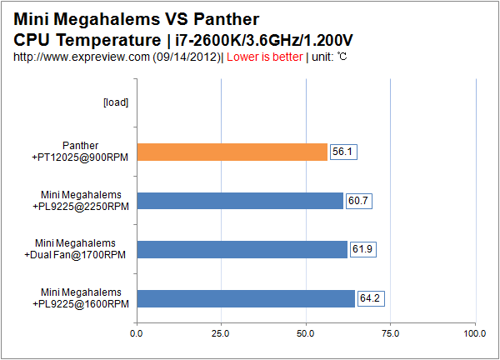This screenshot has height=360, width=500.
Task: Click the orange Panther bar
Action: (x=232, y=152)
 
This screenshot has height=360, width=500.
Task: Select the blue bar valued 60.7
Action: (x=239, y=201)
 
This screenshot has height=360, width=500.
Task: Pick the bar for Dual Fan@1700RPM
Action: (x=242, y=249)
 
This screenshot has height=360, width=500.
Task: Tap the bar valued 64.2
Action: (x=246, y=298)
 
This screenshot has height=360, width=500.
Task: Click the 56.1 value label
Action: (x=343, y=152)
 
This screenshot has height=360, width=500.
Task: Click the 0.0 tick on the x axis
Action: (x=137, y=333)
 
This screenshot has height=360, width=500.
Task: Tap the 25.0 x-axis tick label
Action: (x=221, y=333)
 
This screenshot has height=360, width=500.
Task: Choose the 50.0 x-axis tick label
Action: (x=306, y=333)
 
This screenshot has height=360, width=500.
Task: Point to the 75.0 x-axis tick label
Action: (x=390, y=333)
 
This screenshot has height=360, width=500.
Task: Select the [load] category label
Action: (x=115, y=102)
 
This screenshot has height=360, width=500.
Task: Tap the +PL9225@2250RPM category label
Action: (x=83, y=206)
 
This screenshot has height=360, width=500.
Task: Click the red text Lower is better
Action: (x=265, y=57)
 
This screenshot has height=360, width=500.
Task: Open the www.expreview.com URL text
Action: (x=117, y=57)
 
